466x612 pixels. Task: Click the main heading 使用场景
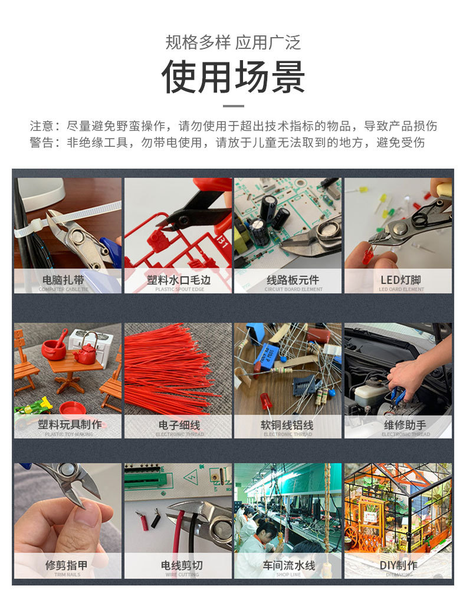tap(233, 77)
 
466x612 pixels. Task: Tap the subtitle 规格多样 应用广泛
tap(233, 42)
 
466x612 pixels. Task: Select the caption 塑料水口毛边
tap(178, 280)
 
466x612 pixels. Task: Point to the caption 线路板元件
tap(288, 280)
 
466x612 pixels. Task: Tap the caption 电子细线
tap(178, 425)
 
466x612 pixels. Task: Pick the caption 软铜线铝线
tap(288, 425)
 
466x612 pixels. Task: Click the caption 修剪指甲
tap(67, 565)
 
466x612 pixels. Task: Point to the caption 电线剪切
tap(178, 565)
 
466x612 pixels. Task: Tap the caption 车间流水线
tap(288, 565)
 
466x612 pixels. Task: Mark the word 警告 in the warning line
tap(42, 143)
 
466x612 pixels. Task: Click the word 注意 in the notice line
tap(42, 126)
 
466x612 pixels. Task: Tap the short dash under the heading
tap(233, 106)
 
